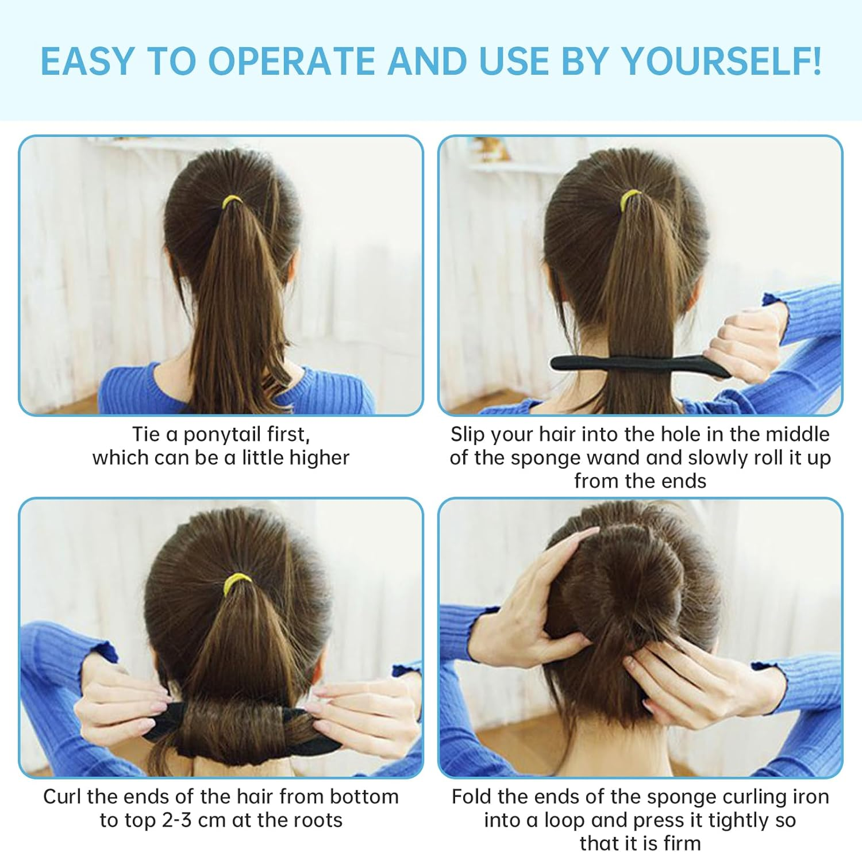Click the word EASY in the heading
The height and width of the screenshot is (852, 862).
point(87,60)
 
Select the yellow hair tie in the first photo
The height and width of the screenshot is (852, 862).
point(232,201)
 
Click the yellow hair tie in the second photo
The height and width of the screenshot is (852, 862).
point(631,198)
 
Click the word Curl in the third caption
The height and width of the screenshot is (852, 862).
point(62,796)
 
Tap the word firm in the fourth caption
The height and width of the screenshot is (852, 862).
point(682,843)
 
